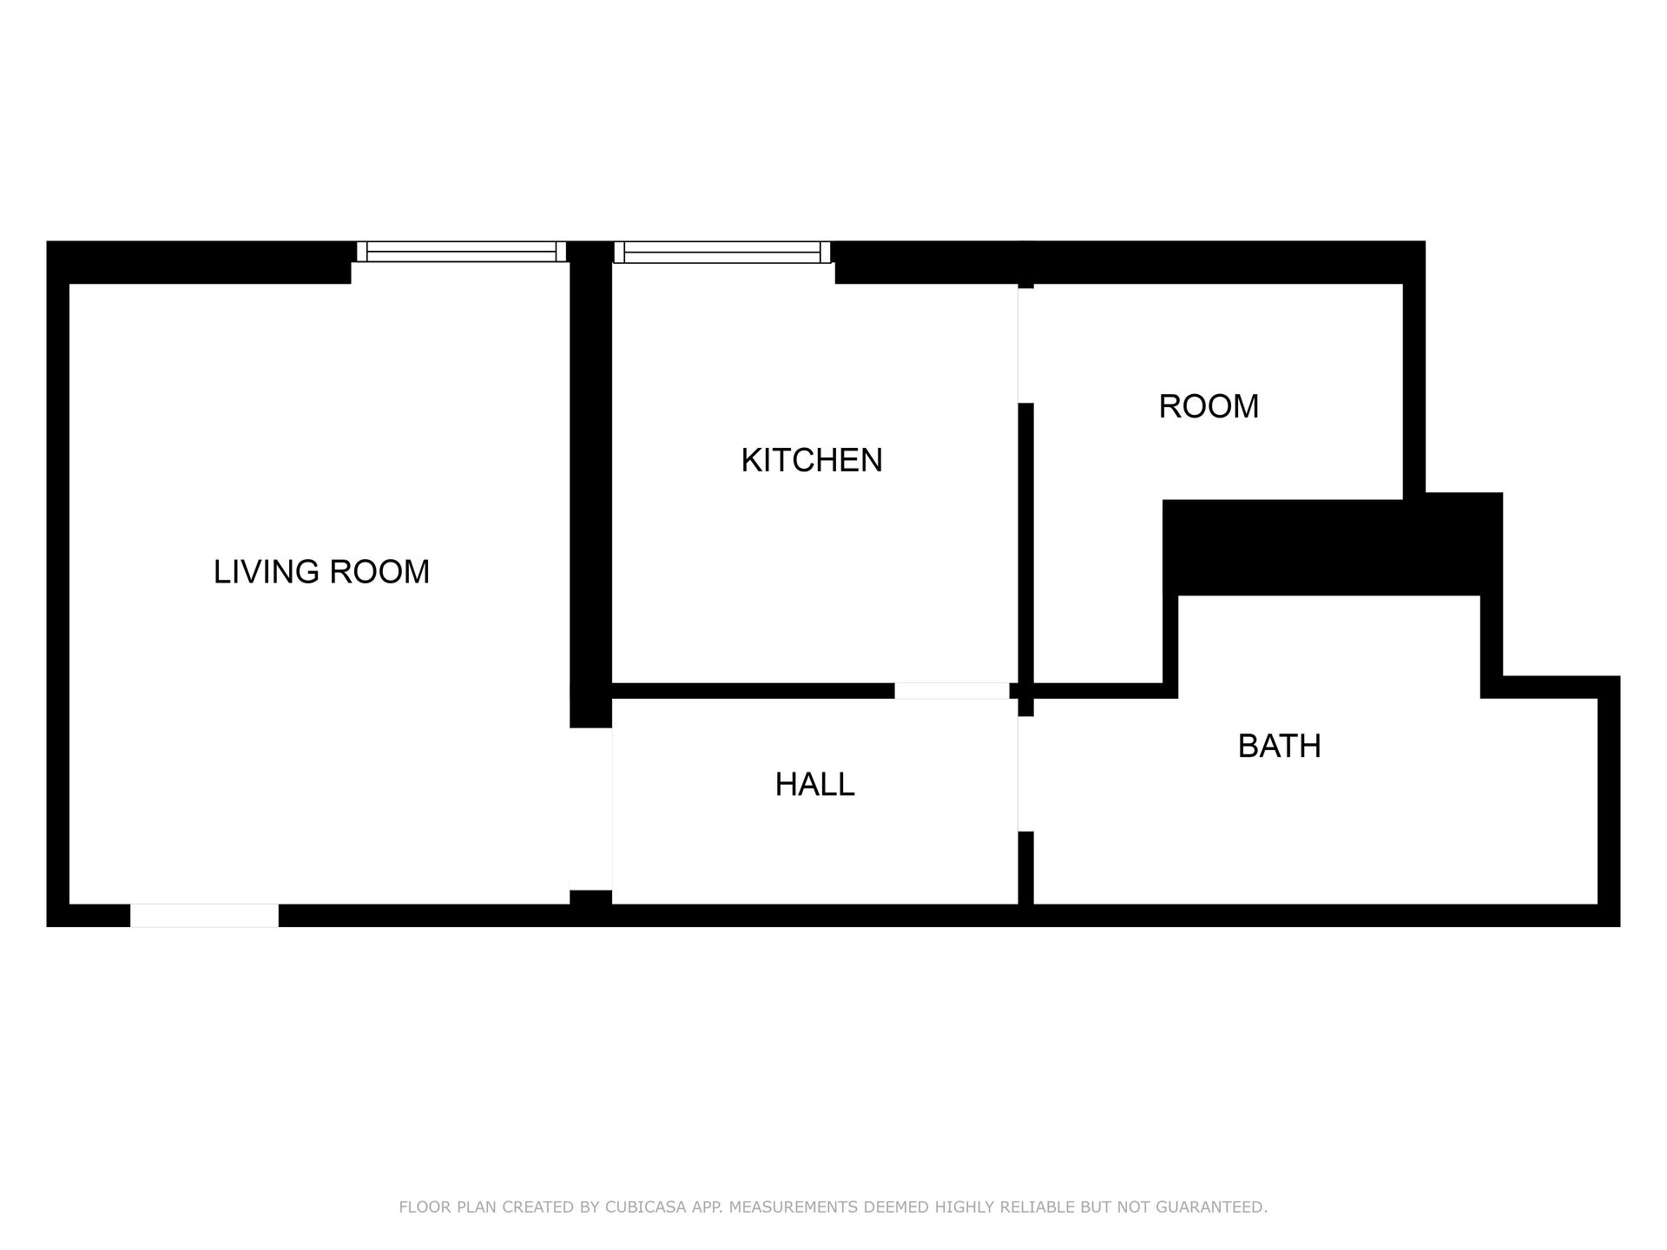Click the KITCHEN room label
[812, 460]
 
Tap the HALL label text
[814, 785]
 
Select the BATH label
[1279, 747]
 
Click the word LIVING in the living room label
[266, 572]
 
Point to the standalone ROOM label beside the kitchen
[1209, 406]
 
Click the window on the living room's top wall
[461, 252]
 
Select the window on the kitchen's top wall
[721, 252]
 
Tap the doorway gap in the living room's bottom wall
[204, 915]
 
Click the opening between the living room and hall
[590, 809]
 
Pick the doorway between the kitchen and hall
[952, 691]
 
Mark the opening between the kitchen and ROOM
[1025, 345]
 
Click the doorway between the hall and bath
[1025, 773]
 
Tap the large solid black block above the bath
[1333, 545]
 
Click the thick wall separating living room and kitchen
[590, 484]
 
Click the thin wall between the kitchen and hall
[753, 691]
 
